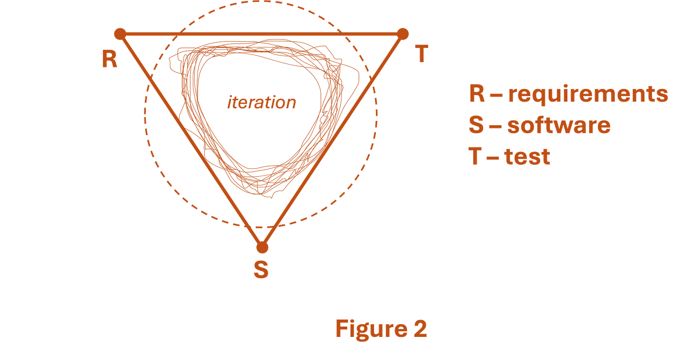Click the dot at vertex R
tap(119, 33)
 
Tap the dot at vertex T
tap(403, 33)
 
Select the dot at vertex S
tap(262, 246)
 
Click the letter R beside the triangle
tap(110, 59)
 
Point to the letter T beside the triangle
tap(422, 53)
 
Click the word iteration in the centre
tap(262, 103)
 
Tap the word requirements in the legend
tap(588, 94)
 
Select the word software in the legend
tap(559, 125)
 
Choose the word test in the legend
tap(527, 156)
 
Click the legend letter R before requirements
tap(477, 94)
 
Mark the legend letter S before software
tap(476, 125)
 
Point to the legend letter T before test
tap(475, 156)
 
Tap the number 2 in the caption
tap(420, 328)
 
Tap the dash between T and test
tap(493, 157)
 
